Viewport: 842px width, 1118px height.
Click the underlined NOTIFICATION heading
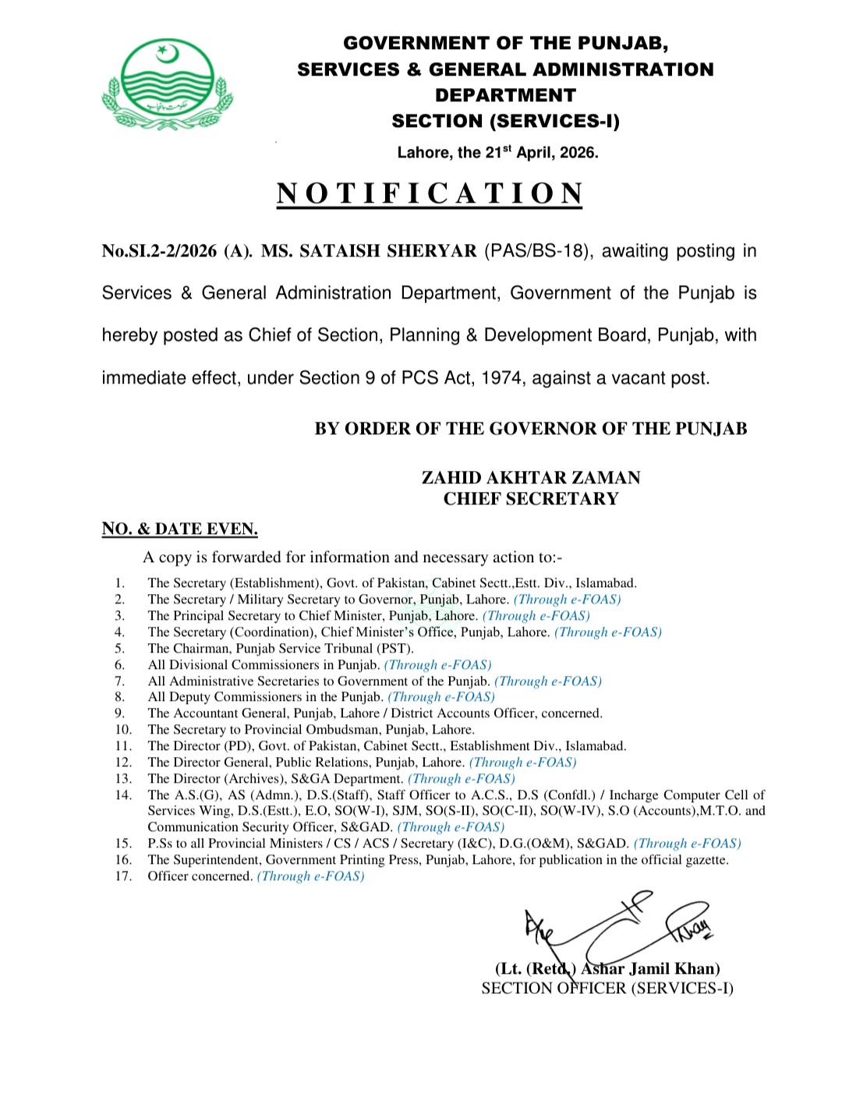(430, 193)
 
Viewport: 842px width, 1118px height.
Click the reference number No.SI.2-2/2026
(159, 251)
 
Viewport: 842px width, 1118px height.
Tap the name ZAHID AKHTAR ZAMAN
(531, 477)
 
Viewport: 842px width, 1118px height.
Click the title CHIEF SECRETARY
(531, 498)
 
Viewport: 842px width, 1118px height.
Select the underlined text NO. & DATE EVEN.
(179, 529)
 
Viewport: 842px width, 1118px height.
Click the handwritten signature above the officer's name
(616, 928)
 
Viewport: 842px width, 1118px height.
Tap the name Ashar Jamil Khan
(650, 968)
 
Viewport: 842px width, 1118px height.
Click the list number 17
(123, 876)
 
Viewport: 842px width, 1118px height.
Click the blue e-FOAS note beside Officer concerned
(310, 876)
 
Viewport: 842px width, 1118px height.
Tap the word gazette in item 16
(706, 859)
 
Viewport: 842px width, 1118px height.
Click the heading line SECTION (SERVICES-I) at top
(505, 121)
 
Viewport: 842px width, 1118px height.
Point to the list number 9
(119, 713)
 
